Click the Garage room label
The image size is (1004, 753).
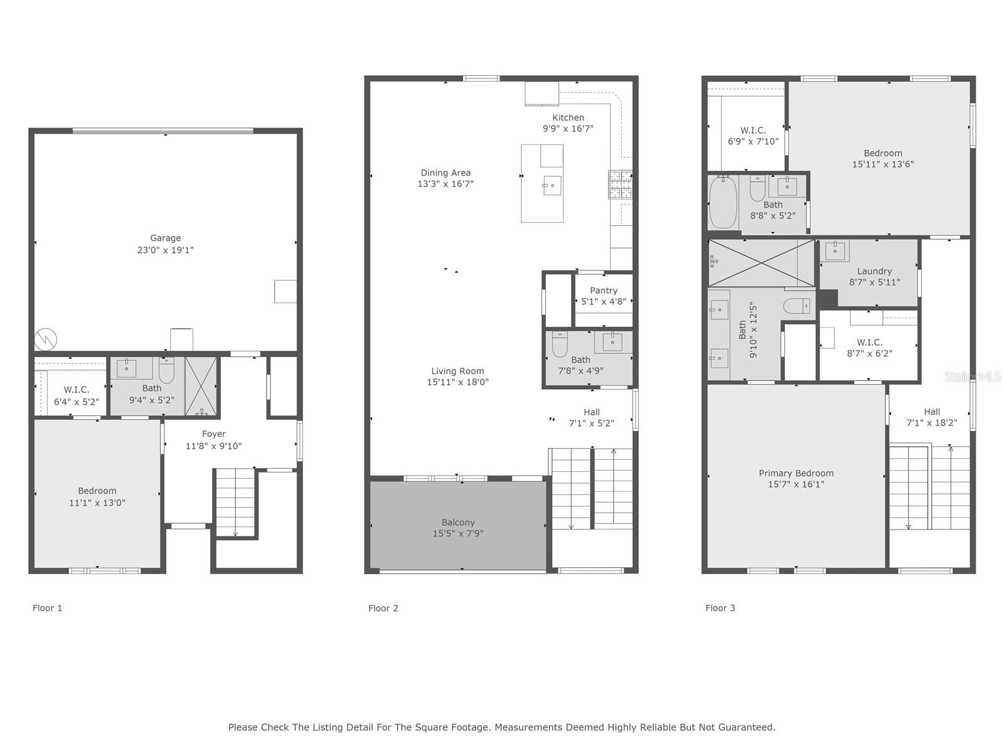click(165, 238)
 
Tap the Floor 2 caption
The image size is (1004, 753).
click(383, 608)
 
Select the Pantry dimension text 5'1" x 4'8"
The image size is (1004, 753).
click(603, 301)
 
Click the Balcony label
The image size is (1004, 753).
click(458, 522)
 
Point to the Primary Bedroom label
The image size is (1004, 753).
click(796, 473)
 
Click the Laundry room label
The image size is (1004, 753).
click(875, 271)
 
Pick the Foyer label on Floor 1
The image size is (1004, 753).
click(213, 434)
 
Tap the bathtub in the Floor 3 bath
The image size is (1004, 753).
click(723, 202)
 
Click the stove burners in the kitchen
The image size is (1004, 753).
click(620, 184)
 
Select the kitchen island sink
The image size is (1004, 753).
click(552, 185)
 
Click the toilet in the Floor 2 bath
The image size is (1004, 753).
click(560, 344)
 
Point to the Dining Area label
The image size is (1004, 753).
click(446, 173)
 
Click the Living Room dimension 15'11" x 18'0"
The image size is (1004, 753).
click(457, 382)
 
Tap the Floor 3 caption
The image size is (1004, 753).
click(720, 608)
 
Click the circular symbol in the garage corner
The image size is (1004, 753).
click(46, 339)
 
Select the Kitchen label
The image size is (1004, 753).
click(568, 117)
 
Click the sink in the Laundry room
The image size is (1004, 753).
click(835, 250)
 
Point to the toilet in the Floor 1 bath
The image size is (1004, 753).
click(166, 370)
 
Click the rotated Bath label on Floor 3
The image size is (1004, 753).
click(742, 329)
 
